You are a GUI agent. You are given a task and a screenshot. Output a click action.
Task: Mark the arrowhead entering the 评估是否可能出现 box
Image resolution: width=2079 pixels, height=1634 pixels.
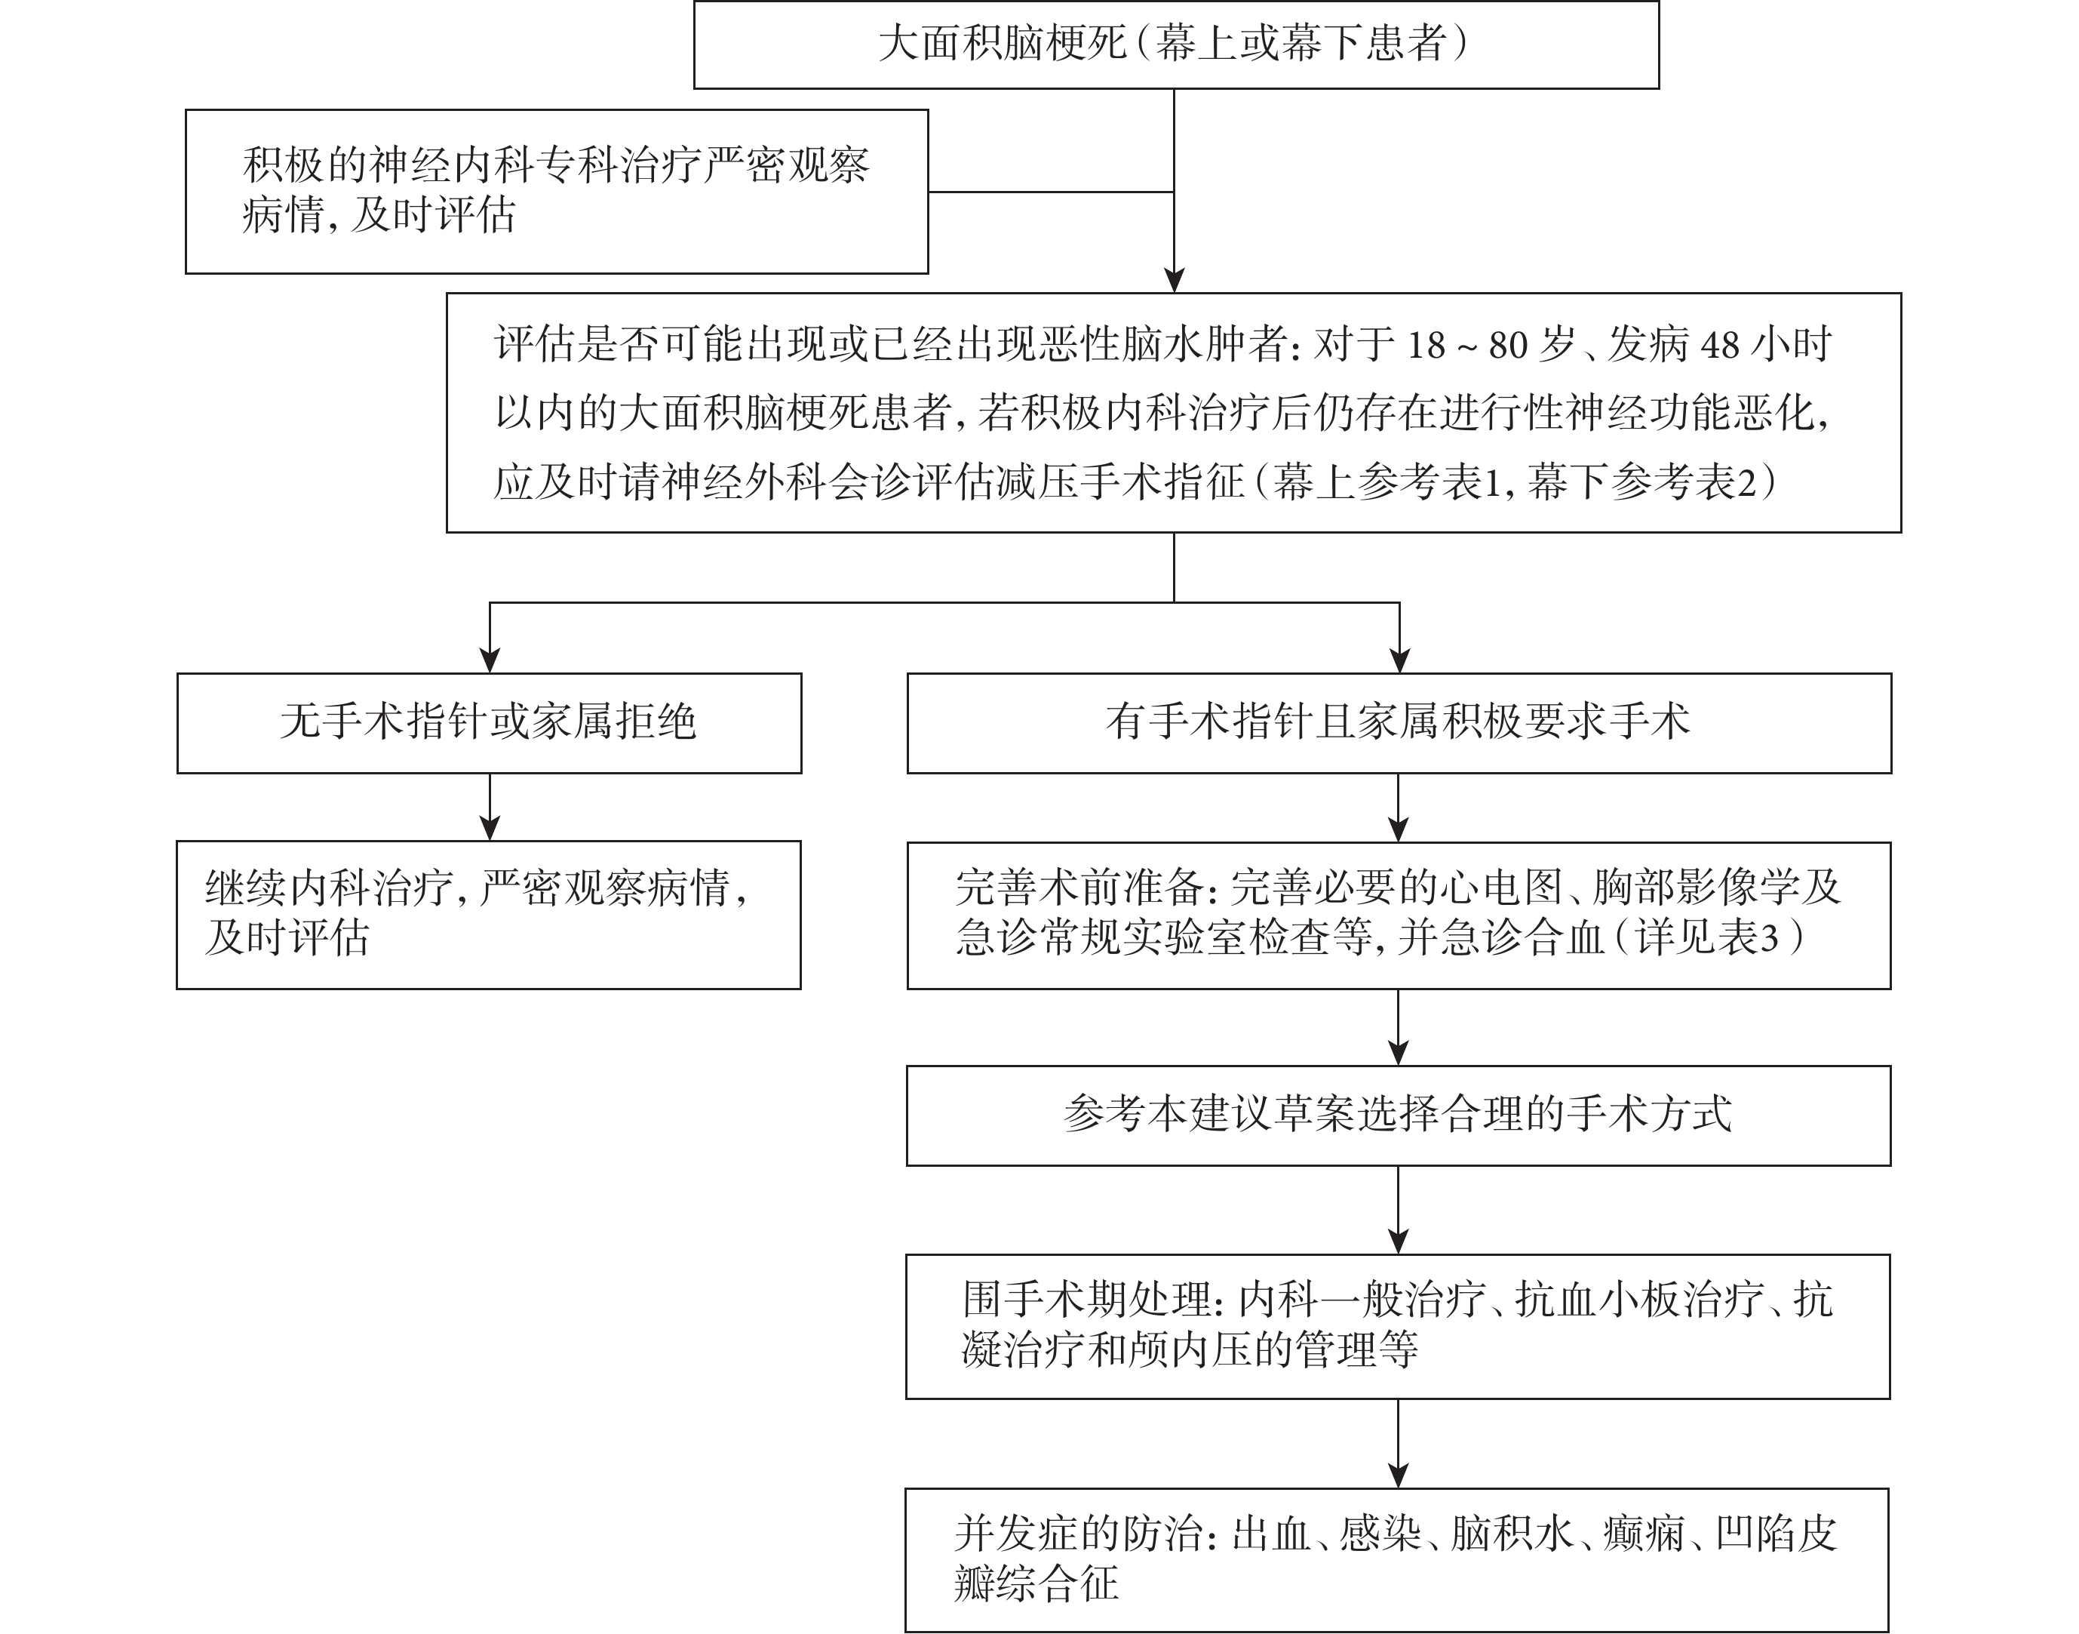1175,280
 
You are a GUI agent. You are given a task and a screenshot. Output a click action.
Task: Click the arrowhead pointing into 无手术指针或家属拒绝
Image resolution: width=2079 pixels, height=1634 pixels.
490,660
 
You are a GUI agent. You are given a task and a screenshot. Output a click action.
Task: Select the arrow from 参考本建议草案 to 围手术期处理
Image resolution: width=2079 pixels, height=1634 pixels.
1398,1210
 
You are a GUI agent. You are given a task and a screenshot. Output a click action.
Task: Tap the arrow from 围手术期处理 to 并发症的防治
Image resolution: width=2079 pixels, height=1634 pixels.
1398,1444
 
